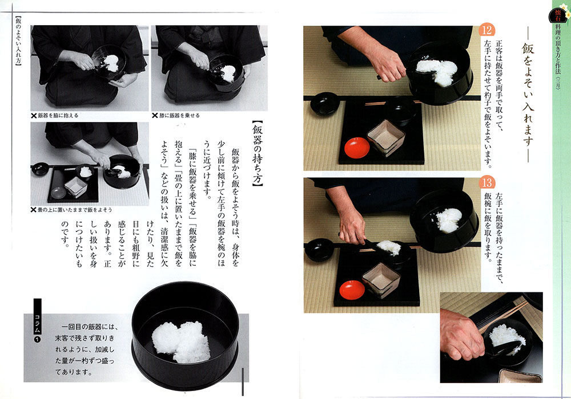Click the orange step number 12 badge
487,30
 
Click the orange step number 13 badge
487,182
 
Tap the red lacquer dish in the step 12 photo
357,148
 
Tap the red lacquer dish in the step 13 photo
352,290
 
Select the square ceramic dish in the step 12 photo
386,138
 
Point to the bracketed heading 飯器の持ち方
258,153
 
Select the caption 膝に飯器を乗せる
179,116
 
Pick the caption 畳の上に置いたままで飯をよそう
75,210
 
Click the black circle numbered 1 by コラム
37,340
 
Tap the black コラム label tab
37,316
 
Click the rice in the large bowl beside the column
181,341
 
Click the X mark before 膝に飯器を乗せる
155,116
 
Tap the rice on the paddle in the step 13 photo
389,247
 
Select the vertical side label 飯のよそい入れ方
18,40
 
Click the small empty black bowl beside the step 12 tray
325,104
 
